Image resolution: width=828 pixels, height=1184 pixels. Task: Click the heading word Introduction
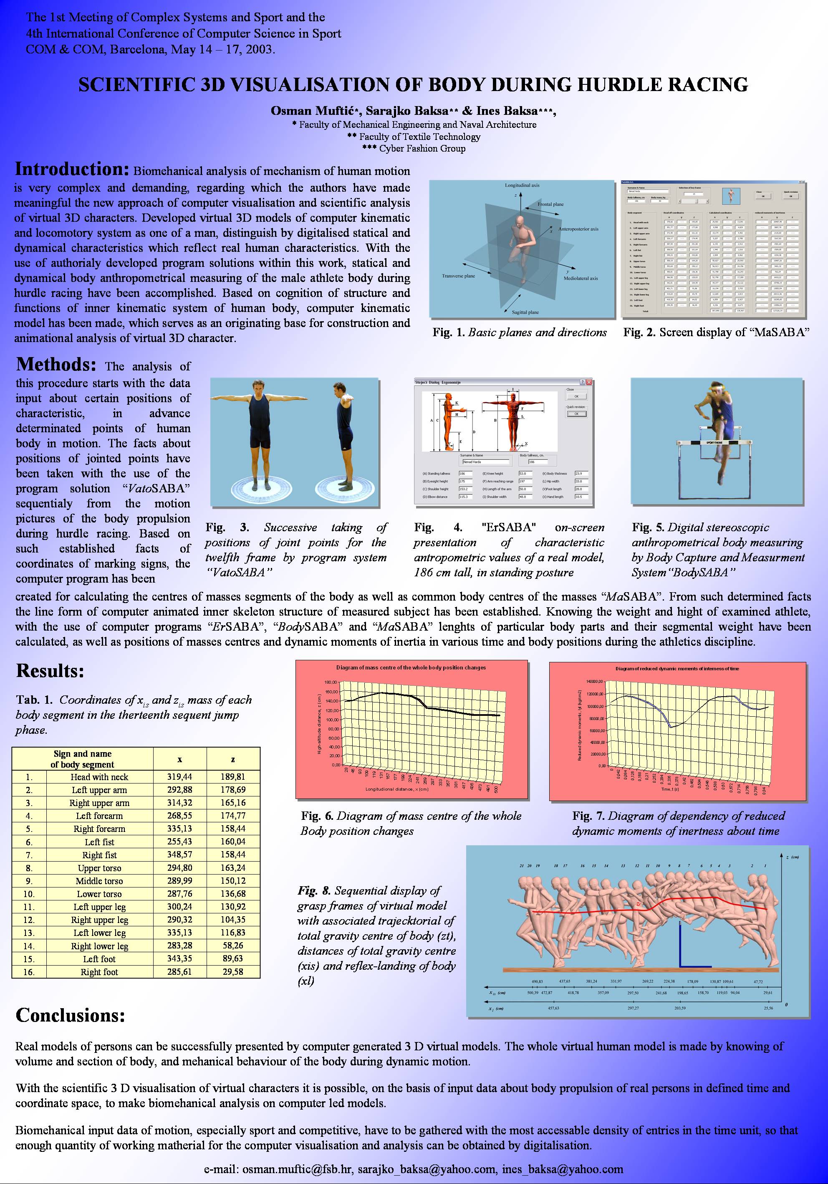71,169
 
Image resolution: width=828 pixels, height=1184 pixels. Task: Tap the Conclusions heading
71,1015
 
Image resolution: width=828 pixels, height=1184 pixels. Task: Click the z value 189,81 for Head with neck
233,777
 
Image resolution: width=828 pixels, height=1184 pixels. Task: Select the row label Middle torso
99,881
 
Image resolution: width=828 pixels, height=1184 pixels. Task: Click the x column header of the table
179,759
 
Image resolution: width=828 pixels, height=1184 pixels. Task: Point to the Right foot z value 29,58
233,971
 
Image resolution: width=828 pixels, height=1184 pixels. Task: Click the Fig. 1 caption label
448,332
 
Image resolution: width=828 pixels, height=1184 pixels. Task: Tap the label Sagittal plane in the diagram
525,312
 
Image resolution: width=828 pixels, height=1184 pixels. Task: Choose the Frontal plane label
550,204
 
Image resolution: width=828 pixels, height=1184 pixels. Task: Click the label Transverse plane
458,276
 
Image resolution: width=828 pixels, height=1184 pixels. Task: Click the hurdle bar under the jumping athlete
717,442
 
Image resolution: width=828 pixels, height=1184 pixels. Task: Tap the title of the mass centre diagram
411,667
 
